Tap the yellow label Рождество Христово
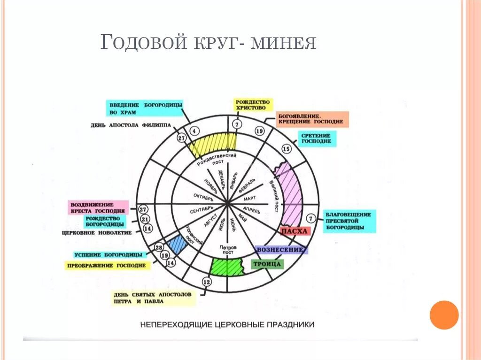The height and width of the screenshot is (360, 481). pos(253,104)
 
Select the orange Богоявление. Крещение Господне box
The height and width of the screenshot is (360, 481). pos(312,119)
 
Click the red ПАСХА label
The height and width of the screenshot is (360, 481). pos(295,231)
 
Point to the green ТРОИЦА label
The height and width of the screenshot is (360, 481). pos(267,264)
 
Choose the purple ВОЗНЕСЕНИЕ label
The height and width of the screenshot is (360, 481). pos(281,250)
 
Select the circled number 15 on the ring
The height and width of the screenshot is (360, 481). pos(287,149)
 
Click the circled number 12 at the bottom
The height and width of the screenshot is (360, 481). pos(206,282)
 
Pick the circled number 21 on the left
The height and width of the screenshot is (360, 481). pos(145,219)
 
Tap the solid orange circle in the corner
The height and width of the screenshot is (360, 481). pos(443,315)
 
